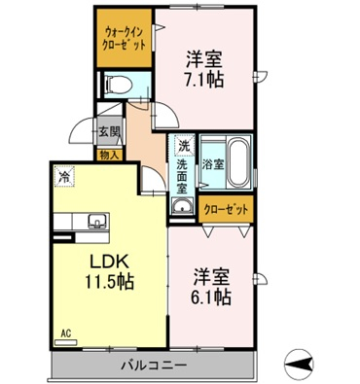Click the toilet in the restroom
(119, 85)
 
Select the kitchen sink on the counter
(96, 221)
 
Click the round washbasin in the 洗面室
(182, 206)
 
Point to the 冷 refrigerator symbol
(64, 176)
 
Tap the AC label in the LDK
(66, 333)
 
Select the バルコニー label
(154, 366)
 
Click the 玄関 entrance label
(109, 132)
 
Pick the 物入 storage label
(110, 156)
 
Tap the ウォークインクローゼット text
(124, 38)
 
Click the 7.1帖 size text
(204, 80)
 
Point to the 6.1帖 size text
(212, 297)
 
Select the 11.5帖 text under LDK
(109, 281)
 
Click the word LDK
(109, 262)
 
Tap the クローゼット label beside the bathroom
(226, 210)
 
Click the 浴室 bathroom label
(213, 164)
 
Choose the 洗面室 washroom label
(182, 177)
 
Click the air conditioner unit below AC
(66, 342)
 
